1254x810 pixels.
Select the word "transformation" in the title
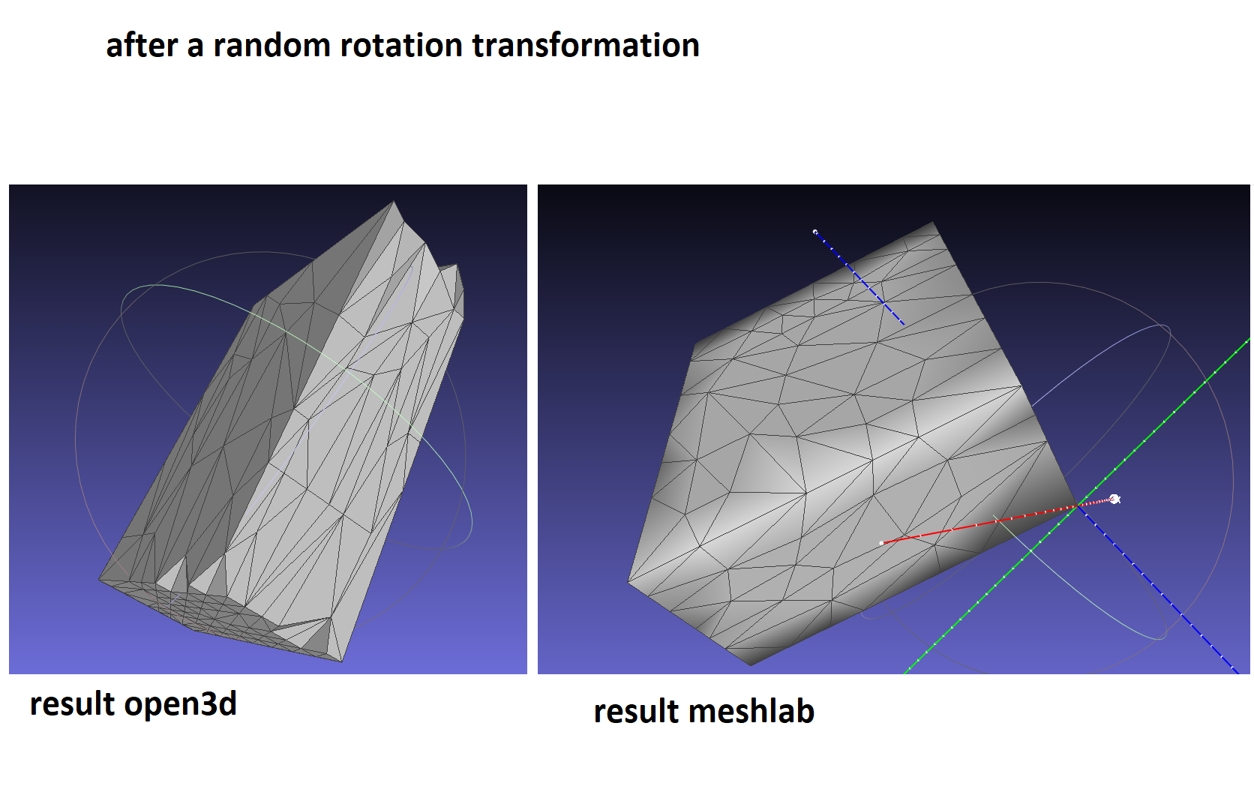pyautogui.click(x=586, y=45)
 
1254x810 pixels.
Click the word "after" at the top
pyautogui.click(x=142, y=45)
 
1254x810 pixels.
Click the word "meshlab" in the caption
pyautogui.click(x=751, y=712)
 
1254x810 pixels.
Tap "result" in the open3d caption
pyautogui.click(x=72, y=704)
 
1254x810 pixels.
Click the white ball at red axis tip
pyautogui.click(x=1114, y=499)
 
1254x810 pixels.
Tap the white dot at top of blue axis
pyautogui.click(x=815, y=231)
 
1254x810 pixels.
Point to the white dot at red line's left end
pyautogui.click(x=882, y=543)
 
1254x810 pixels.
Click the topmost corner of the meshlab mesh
pyautogui.click(x=933, y=222)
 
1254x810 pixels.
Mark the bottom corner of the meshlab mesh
pyautogui.click(x=751, y=665)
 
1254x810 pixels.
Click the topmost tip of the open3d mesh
pyautogui.click(x=394, y=202)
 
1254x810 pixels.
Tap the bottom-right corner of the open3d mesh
pyautogui.click(x=342, y=661)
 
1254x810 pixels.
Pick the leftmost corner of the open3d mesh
pyautogui.click(x=99, y=579)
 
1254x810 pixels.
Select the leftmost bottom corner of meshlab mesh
pyautogui.click(x=628, y=582)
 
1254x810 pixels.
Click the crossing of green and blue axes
pyautogui.click(x=1078, y=505)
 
